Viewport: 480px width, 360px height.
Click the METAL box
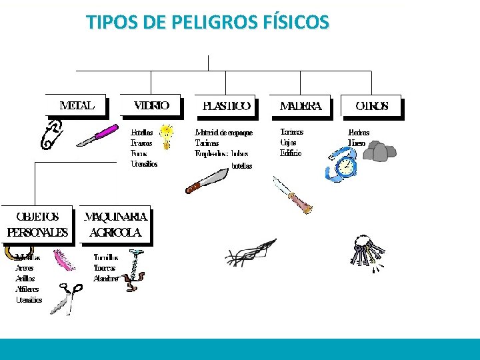[77, 105]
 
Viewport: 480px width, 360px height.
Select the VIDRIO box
[151, 105]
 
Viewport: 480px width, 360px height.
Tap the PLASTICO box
[227, 106]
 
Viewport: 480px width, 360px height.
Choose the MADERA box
[301, 106]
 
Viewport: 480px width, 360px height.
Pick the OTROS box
[372, 106]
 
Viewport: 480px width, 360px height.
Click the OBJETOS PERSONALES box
[37, 225]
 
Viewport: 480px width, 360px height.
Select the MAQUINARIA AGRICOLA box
[115, 225]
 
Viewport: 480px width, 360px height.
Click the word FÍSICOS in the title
[296, 23]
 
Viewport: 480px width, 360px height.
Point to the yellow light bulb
[167, 134]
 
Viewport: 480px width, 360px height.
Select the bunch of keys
[366, 252]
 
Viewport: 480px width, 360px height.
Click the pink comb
[63, 259]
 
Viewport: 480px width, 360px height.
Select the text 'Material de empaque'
[224, 133]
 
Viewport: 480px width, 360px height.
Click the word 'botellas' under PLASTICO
[241, 166]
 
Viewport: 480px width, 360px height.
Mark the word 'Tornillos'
[106, 257]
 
